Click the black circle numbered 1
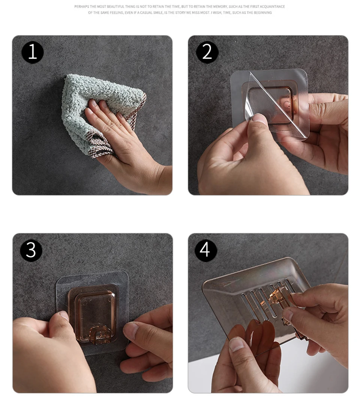[33, 53]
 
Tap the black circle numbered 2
[207, 53]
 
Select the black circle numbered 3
[31, 251]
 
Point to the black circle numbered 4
[205, 250]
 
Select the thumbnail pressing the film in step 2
[259, 119]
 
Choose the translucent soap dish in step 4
[257, 303]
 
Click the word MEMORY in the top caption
[220, 6]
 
